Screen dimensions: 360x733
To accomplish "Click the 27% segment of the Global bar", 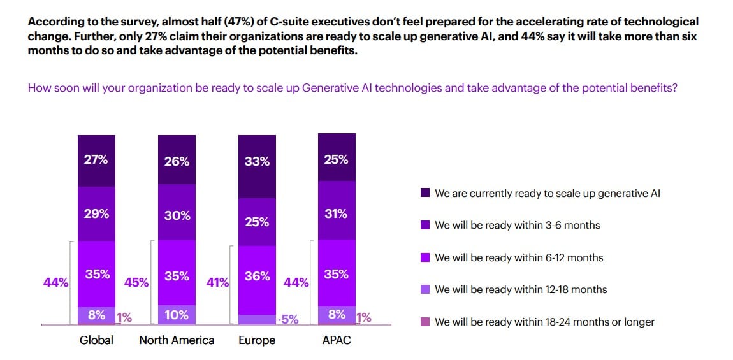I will (x=96, y=160).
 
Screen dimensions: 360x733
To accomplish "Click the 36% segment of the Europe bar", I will (x=257, y=277).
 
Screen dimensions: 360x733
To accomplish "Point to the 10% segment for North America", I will (x=177, y=314).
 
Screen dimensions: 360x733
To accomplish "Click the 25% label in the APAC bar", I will (x=336, y=159).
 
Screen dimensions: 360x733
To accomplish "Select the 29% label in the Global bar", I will (x=96, y=214).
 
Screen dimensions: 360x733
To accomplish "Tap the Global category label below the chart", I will (x=96, y=340).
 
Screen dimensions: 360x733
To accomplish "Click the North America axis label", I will (x=177, y=340).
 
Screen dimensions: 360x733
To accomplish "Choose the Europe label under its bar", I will (x=257, y=340).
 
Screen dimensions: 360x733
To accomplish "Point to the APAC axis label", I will (x=336, y=340).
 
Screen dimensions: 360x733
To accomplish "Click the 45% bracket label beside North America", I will (x=136, y=282).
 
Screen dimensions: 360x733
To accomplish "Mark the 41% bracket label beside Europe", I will (x=218, y=282).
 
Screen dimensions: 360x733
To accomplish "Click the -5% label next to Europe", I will (x=288, y=319).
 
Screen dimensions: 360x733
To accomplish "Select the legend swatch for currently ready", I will (x=425, y=193).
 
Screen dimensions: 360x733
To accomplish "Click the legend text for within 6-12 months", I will (x=519, y=257).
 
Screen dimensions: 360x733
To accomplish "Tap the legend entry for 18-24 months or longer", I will (x=544, y=322).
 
